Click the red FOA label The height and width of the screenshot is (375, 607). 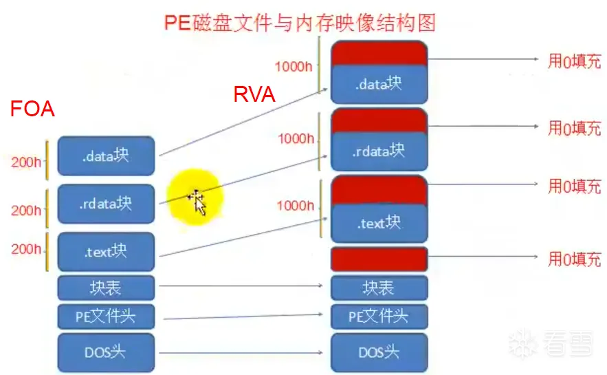pos(32,109)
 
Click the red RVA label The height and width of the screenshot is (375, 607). pos(254,94)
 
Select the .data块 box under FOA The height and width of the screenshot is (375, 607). pos(106,156)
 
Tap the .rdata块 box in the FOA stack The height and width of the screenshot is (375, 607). pos(106,204)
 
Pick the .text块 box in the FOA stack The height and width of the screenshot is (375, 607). pos(106,252)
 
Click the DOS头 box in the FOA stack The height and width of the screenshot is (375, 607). pos(106,353)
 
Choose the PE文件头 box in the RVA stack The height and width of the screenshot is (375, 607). pos(379,317)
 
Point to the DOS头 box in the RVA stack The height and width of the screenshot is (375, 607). pos(379,353)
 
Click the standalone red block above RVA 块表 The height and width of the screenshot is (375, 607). pos(379,259)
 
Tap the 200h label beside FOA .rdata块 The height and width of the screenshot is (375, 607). pos(26,211)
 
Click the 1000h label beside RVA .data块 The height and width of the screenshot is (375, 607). pos(294,67)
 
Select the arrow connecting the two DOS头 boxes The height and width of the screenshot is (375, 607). pos(241,353)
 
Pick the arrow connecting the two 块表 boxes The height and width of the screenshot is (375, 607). pos(241,284)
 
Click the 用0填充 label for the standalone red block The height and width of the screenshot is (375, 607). pos(574,259)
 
